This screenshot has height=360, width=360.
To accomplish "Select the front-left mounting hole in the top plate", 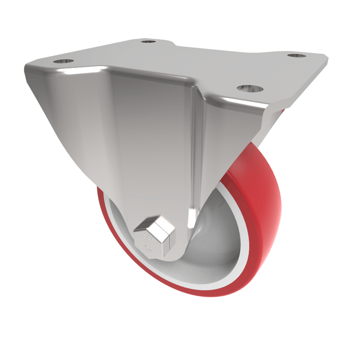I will click(x=63, y=61).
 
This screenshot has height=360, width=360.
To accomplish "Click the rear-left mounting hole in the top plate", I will click(x=148, y=42).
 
